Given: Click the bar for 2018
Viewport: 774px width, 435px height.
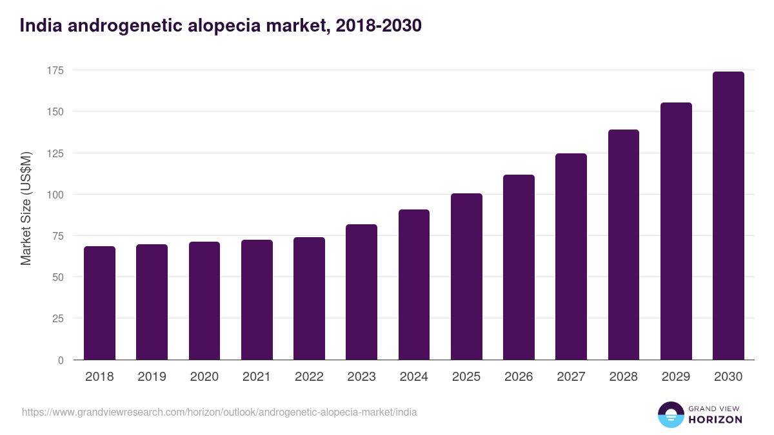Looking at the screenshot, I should pos(99,303).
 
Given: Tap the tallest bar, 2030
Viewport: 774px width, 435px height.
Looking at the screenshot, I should pos(728,216).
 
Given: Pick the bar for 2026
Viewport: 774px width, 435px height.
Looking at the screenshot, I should pos(519,267).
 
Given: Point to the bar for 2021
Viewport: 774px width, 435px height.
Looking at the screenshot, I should pos(257,300).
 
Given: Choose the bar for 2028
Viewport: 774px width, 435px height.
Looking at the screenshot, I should pos(623,245).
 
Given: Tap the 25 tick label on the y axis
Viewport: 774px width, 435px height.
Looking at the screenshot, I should pos(58,319).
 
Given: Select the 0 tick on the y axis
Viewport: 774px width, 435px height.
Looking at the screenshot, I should pos(61,360).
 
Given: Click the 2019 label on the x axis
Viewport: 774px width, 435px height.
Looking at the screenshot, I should pos(152,377).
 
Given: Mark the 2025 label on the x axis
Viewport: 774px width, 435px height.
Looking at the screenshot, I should pos(466,377).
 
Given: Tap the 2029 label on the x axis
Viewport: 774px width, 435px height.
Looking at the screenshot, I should pos(676,377).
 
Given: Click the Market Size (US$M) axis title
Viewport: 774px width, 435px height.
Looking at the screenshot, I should pos(26,208).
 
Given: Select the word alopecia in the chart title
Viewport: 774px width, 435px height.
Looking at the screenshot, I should pos(215,26).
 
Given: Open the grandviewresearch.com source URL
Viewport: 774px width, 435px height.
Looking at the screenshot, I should pos(219,412).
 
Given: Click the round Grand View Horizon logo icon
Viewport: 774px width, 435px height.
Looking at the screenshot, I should pos(670,414).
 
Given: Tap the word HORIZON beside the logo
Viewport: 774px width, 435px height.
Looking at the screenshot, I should pos(715,420).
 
